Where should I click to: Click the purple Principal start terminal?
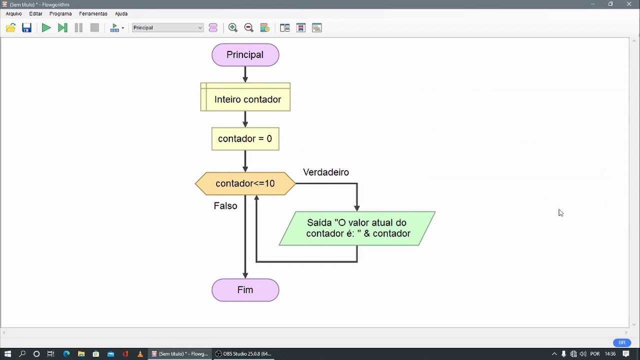tap(245, 55)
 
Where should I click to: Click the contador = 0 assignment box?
tap(245, 139)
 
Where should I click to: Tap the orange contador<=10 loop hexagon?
tap(245, 183)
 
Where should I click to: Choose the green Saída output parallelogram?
tap(357, 228)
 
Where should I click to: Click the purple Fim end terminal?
tap(245, 290)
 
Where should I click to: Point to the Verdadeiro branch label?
tap(326, 172)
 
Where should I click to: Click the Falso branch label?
tap(225, 206)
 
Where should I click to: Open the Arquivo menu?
tap(14, 14)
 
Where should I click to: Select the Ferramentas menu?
tap(93, 14)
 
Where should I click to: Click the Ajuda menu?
tap(121, 14)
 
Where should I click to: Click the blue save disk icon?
tap(27, 28)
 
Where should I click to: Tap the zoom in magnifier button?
tap(233, 28)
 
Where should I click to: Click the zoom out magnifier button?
tap(249, 28)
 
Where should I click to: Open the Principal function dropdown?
tap(167, 28)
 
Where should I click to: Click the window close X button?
tap(629, 4)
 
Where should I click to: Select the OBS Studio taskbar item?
tap(243, 354)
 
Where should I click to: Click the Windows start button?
tap(7, 354)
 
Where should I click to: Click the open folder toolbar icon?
tap(10, 28)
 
